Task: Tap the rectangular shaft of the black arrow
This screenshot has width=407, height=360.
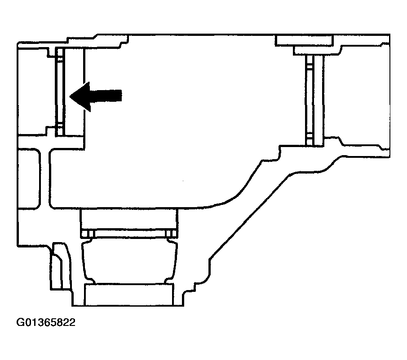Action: coord(106,95)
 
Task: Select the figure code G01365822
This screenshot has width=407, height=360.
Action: coord(46,322)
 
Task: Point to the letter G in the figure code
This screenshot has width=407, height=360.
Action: coord(20,322)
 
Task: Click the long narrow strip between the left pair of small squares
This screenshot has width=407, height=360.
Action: coord(60,91)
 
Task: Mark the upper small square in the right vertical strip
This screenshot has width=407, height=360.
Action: coord(310,66)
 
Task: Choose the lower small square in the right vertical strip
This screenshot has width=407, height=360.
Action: coord(310,135)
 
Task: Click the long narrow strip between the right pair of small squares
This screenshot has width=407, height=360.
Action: coord(310,100)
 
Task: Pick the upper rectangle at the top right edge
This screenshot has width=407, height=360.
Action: coord(304,41)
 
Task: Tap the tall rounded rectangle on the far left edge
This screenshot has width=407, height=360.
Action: coord(29,179)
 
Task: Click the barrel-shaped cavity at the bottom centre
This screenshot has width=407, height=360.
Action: coord(129,261)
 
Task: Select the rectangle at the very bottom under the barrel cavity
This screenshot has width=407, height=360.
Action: coord(129,295)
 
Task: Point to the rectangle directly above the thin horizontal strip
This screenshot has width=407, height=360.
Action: coord(129,219)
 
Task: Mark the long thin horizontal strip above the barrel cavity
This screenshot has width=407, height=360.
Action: coord(129,234)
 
